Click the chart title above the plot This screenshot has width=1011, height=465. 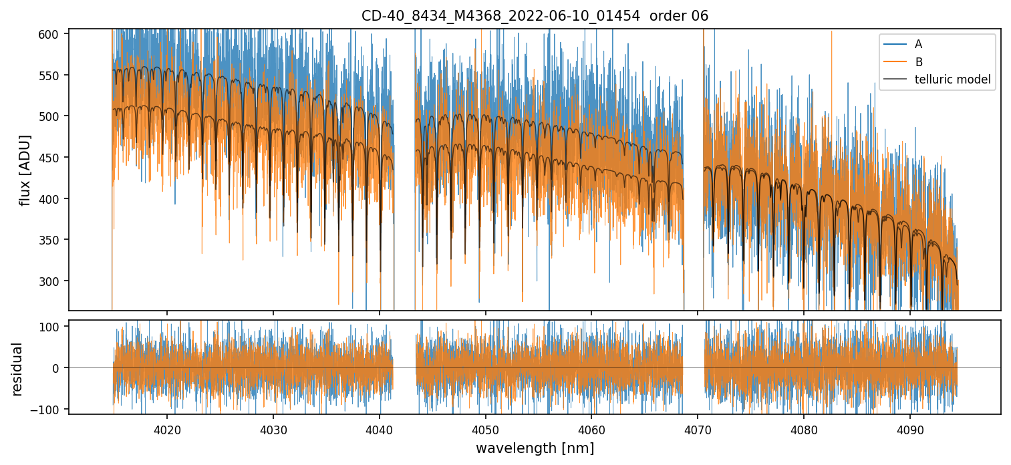point(535,16)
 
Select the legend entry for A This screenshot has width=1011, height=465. point(918,44)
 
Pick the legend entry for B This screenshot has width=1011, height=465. point(919,62)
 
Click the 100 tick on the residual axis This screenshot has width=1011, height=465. point(54,327)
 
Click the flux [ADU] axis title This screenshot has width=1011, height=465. point(25,170)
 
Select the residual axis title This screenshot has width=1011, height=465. point(17,369)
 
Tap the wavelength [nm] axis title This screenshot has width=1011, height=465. point(535,448)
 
